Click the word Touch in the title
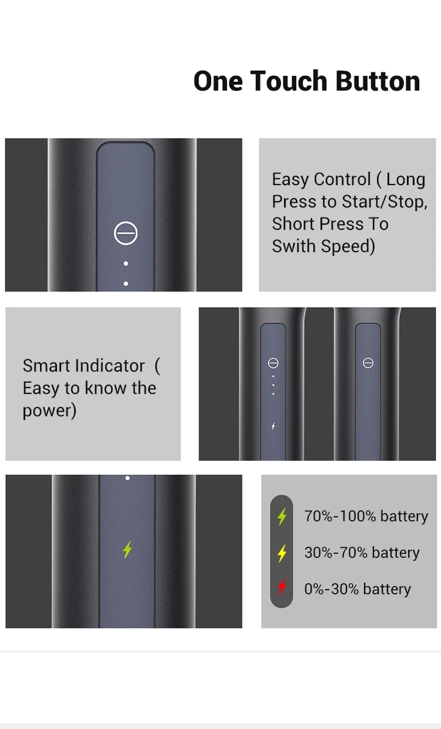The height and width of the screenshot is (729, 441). point(288,81)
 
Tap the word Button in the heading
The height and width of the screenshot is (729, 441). point(377,81)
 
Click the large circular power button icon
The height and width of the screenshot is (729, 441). point(126,233)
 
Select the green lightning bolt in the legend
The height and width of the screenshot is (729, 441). point(282,517)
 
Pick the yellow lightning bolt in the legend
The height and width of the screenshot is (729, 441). point(282,553)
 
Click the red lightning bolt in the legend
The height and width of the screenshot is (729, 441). point(282,587)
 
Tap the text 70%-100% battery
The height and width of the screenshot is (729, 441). point(366,516)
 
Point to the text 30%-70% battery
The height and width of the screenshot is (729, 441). point(362,553)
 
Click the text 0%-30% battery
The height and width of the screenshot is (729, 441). point(358,589)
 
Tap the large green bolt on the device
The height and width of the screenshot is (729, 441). point(127,550)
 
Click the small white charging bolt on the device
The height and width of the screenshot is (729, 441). point(273,426)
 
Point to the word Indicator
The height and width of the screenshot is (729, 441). point(110,366)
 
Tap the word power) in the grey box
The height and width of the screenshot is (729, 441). point(49,411)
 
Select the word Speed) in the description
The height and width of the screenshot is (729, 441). point(348,246)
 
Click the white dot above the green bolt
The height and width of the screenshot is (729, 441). point(128,478)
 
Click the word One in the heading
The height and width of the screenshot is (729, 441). point(218,81)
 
